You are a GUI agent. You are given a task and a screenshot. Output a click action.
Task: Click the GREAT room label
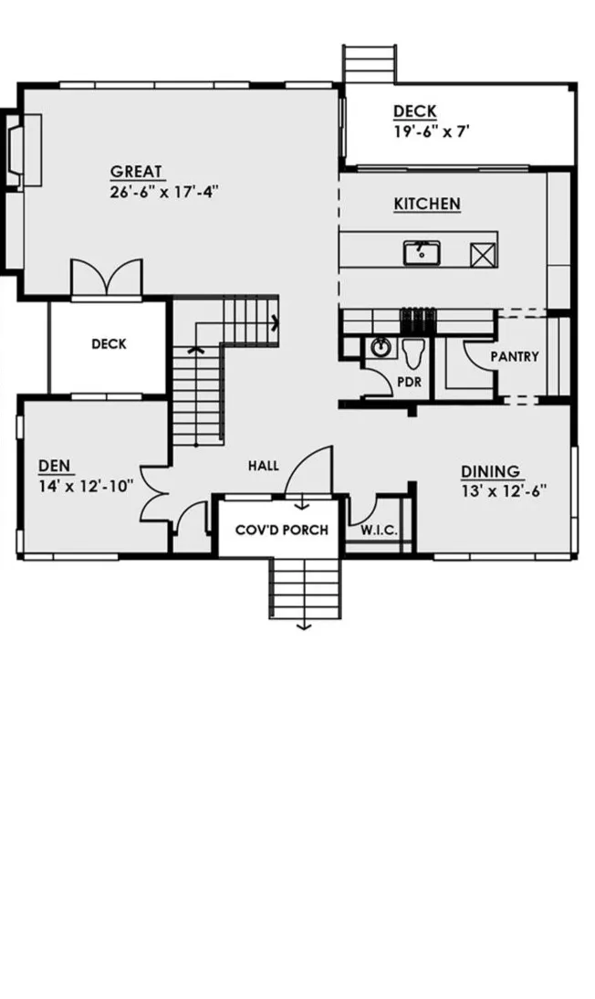click(137, 172)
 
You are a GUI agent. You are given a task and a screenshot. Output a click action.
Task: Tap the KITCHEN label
click(426, 204)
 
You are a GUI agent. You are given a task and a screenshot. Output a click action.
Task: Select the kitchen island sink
click(422, 251)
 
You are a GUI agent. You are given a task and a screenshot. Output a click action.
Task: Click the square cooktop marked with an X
click(480, 253)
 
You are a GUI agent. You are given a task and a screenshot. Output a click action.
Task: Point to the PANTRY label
click(514, 356)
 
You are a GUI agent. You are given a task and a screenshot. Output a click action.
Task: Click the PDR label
click(410, 382)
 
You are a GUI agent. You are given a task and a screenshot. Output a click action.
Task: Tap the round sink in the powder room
click(379, 348)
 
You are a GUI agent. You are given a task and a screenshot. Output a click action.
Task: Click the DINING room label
click(490, 471)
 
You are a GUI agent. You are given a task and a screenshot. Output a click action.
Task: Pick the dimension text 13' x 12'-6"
click(503, 489)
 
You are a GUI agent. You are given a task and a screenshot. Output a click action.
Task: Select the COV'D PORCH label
click(281, 530)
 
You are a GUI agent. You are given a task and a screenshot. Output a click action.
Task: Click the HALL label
click(263, 466)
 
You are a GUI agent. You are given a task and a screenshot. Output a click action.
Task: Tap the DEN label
click(54, 467)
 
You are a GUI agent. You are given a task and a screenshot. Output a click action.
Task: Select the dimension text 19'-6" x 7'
click(431, 131)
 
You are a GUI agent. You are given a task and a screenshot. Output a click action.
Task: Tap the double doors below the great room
click(107, 278)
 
